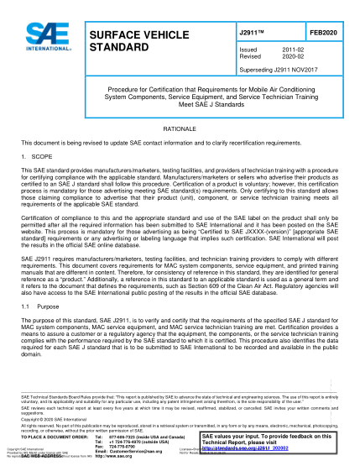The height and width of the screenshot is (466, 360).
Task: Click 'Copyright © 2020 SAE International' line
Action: tap(50, 418)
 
